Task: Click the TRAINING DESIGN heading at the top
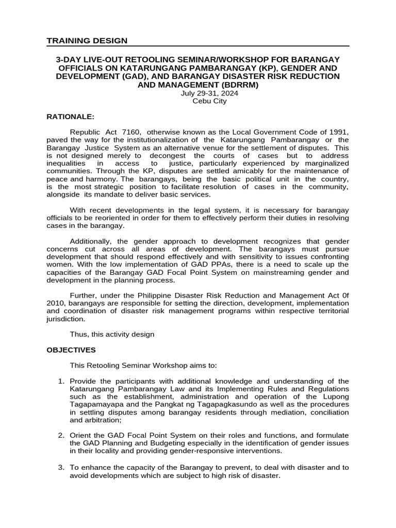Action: [x=87, y=41]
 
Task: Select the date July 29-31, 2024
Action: [x=209, y=93]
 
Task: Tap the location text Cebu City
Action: [x=209, y=101]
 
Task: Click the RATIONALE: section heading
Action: [x=71, y=117]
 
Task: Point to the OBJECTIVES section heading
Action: [x=71, y=350]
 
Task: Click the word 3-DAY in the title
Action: [x=69, y=60]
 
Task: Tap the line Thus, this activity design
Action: [x=112, y=334]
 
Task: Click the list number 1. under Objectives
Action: [x=61, y=381]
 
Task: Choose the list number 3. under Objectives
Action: [x=61, y=468]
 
